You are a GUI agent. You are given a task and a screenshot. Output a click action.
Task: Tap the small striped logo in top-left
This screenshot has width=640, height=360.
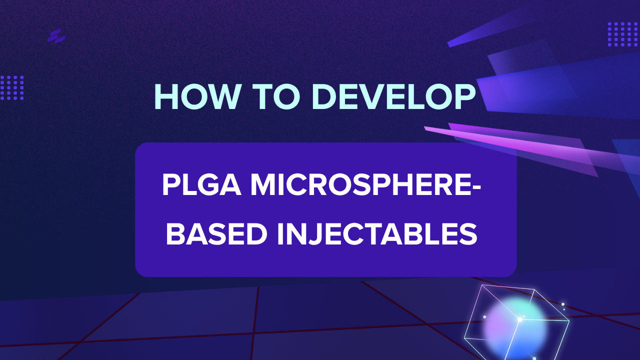click(56, 36)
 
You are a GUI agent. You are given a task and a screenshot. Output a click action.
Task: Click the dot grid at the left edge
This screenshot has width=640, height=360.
click(12, 88)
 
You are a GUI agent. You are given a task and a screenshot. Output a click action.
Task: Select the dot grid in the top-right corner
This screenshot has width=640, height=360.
click(623, 34)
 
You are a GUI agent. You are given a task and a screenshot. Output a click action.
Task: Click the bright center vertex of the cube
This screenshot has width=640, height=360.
click(520, 319)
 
